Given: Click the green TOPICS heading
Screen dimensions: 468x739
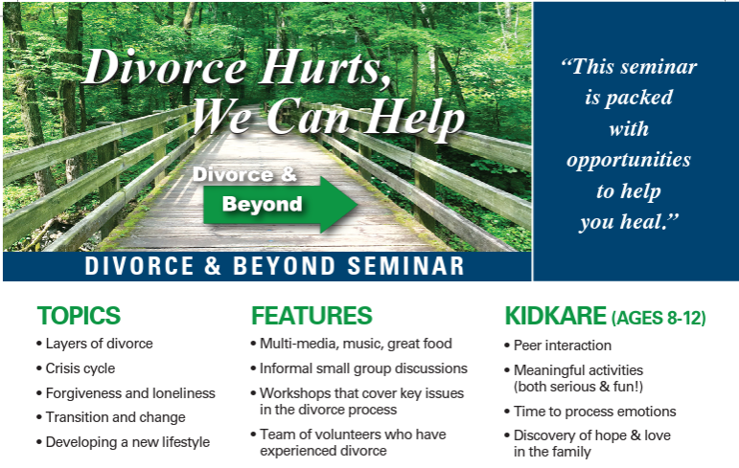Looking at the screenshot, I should [x=79, y=316].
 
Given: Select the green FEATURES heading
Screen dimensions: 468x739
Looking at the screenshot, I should [x=312, y=316].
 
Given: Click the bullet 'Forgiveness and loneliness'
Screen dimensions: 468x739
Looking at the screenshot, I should [x=129, y=393].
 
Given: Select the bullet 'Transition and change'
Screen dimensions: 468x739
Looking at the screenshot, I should [x=115, y=417].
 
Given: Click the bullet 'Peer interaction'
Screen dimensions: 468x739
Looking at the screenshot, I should [x=562, y=345].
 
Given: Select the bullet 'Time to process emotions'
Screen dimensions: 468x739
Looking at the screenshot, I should [x=594, y=412].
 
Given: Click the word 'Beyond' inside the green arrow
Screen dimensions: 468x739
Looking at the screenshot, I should [x=262, y=204].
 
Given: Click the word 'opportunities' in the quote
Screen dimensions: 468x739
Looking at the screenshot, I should [x=628, y=159].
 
